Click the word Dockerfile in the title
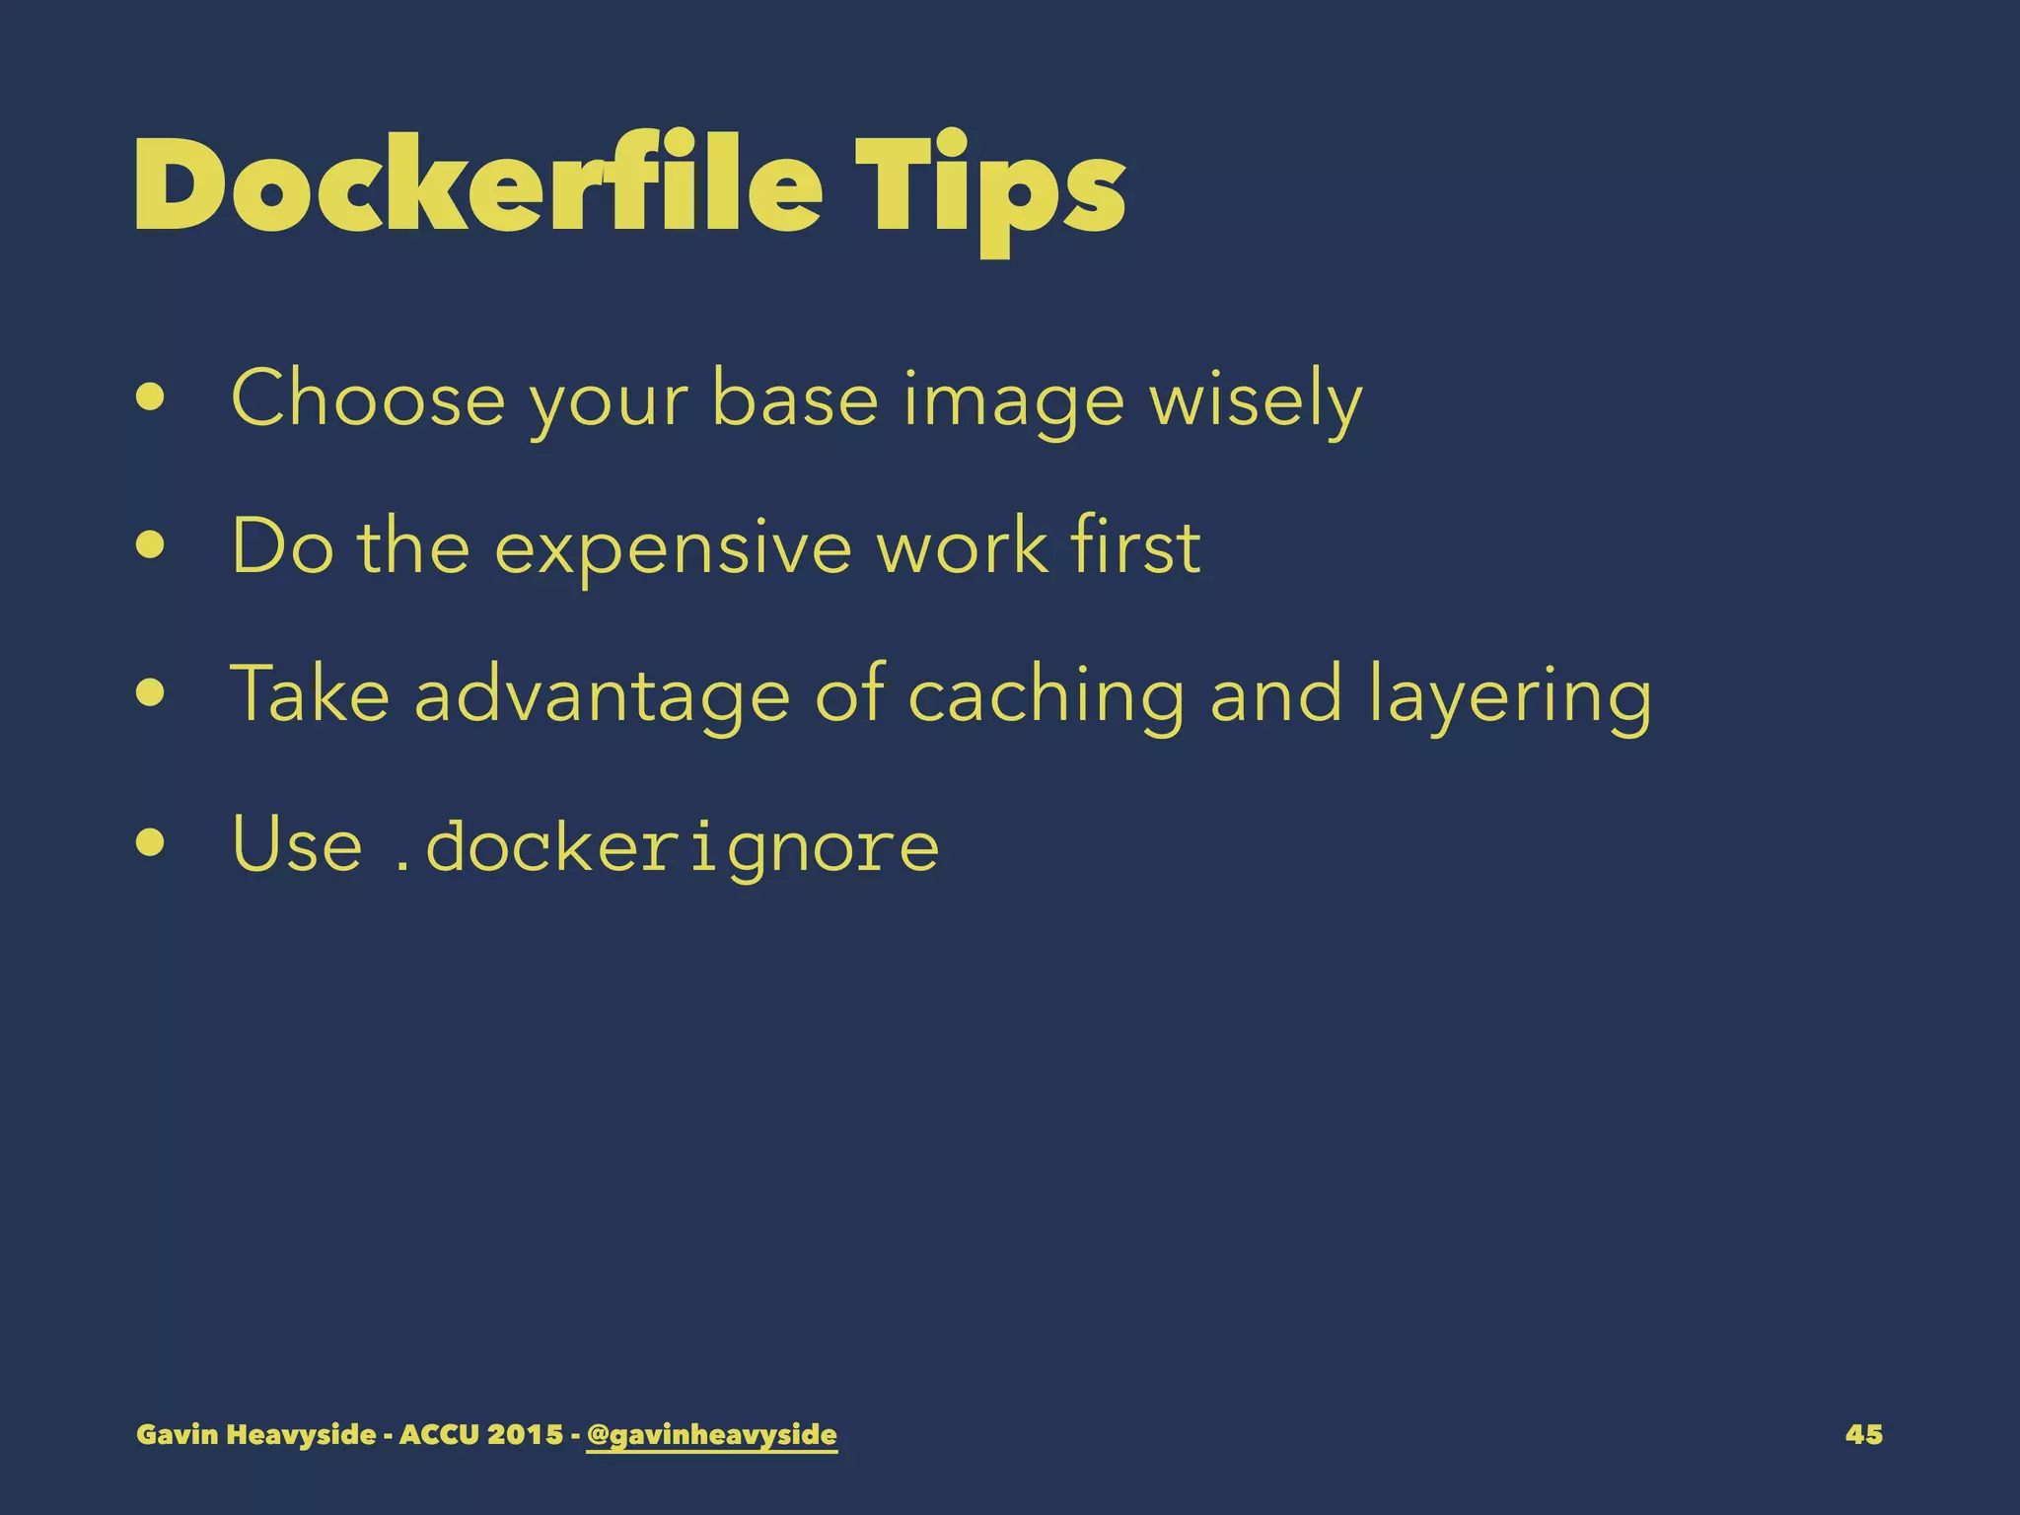coord(478,184)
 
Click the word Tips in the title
coord(990,187)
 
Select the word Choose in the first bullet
coord(368,398)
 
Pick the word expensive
coord(673,548)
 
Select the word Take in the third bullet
coord(310,693)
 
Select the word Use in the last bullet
coord(297,844)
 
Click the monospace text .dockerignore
coord(666,846)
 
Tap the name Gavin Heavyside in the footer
coord(255,1434)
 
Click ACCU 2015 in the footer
coord(481,1434)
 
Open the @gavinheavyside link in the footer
coord(711,1435)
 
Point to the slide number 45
coord(1863,1434)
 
